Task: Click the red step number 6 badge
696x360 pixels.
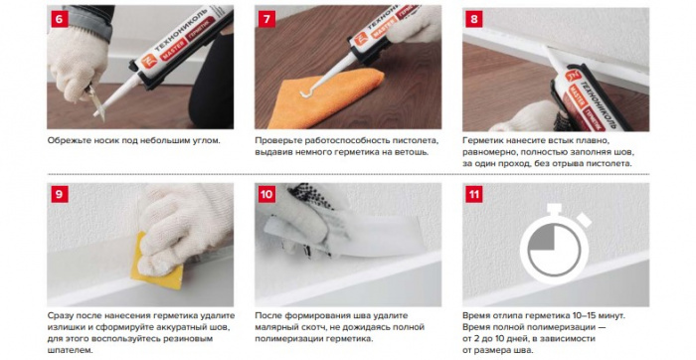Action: coord(60,20)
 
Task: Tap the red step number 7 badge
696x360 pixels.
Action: coord(266,20)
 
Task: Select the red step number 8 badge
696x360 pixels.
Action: coord(474,20)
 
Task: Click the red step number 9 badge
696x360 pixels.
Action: coord(60,195)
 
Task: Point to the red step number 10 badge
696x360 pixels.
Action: coord(266,195)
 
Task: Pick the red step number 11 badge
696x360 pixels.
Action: coord(474,195)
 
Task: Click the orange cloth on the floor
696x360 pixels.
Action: coord(323,98)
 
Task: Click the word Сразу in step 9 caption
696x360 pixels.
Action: coord(61,315)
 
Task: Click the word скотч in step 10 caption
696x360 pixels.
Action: coord(306,327)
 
